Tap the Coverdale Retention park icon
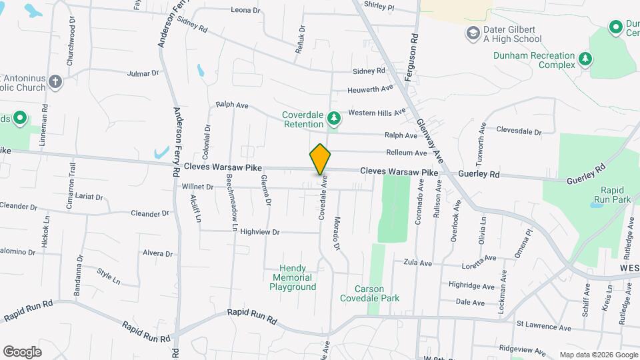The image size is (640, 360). [x=334, y=119]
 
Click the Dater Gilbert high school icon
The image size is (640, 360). [x=473, y=33]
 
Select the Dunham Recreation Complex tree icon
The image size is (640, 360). [x=585, y=59]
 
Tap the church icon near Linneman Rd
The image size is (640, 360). [x=55, y=83]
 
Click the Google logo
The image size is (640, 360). [x=22, y=351]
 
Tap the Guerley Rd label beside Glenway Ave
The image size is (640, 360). [x=479, y=174]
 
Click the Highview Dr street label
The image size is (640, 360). [x=259, y=232]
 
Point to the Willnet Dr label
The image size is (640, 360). [x=197, y=187]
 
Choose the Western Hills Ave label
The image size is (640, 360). [x=377, y=112]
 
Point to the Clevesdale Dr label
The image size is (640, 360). [x=519, y=131]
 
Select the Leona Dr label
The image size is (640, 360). [x=245, y=10]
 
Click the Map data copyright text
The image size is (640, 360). [x=597, y=355]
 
